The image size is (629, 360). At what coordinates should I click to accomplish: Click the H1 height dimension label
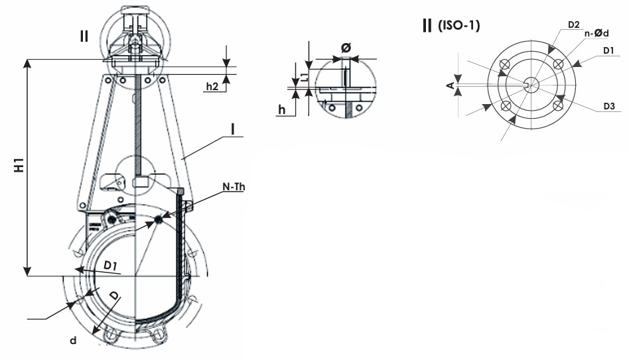[x=19, y=166]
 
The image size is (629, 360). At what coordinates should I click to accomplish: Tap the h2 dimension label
[x=212, y=86]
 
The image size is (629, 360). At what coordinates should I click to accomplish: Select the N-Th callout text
[x=234, y=187]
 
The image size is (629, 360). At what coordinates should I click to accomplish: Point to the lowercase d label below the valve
[x=73, y=341]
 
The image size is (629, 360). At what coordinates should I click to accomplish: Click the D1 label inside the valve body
[x=110, y=265]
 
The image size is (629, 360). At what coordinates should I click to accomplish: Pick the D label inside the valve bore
[x=115, y=296]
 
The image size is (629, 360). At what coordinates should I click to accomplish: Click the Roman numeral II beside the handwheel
[x=84, y=36]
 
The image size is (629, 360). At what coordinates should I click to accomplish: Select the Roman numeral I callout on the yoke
[x=233, y=129]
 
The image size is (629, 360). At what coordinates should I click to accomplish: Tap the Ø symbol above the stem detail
[x=346, y=48]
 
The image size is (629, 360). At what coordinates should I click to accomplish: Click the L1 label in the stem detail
[x=305, y=76]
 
